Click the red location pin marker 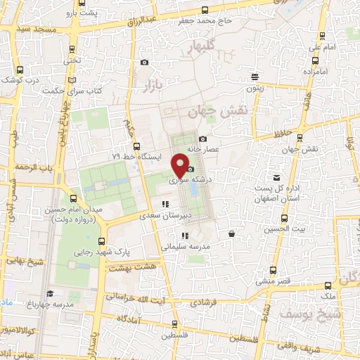coord(181,165)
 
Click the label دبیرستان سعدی coord(165,215)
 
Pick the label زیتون coord(254,88)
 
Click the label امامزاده coord(316,72)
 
